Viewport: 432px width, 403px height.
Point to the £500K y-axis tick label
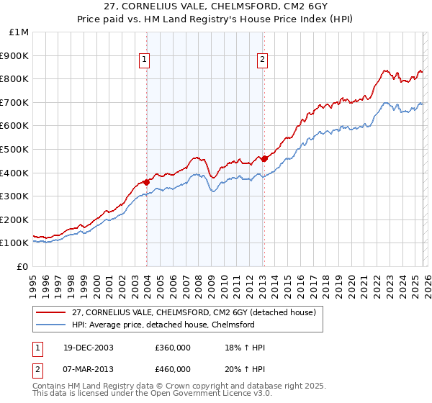pyautogui.click(x=16, y=149)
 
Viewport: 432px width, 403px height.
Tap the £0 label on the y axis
pyautogui.click(x=23, y=266)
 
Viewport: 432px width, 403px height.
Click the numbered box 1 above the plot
pyautogui.click(x=145, y=60)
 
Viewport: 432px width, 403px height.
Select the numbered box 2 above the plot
pyautogui.click(x=262, y=60)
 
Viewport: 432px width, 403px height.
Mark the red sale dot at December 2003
pyautogui.click(x=147, y=182)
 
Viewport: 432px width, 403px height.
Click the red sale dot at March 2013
pyautogui.click(x=264, y=158)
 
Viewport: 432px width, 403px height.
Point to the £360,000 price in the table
pyautogui.click(x=172, y=348)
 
